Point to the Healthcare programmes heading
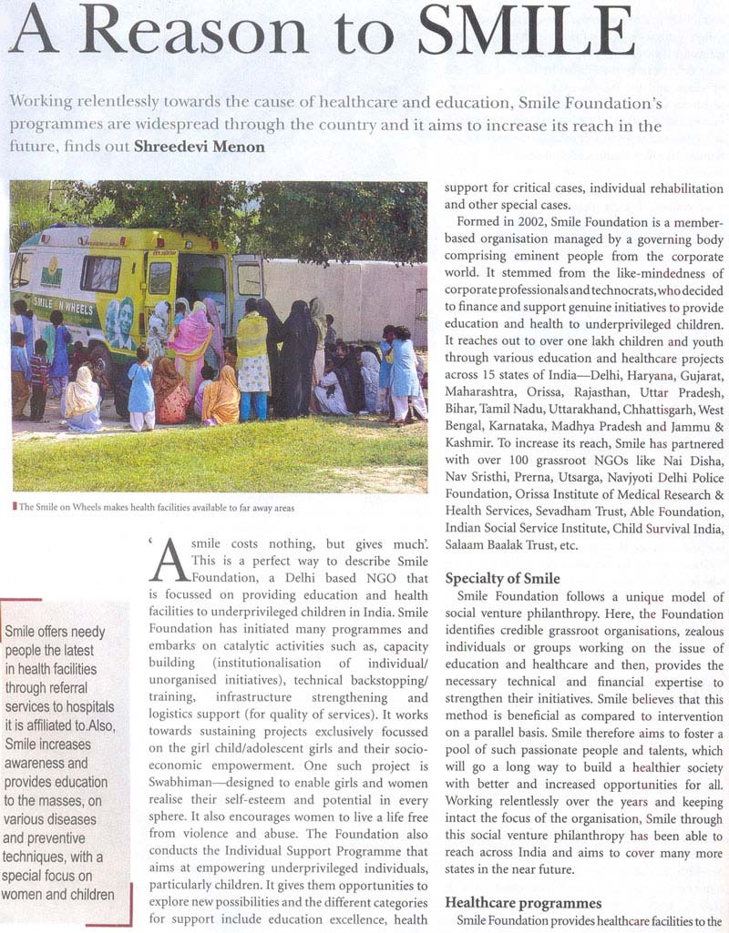[x=523, y=903]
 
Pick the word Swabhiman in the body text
[x=181, y=759]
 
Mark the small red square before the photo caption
[x=15, y=507]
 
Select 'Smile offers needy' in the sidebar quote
[x=56, y=632]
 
